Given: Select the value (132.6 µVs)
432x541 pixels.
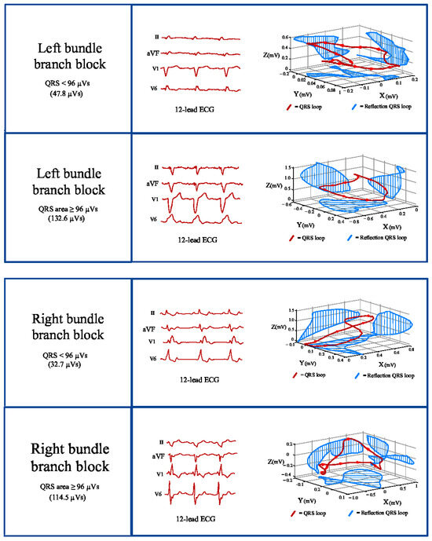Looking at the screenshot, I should coord(66,217).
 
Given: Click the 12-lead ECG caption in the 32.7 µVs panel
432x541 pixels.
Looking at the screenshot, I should coord(200,380).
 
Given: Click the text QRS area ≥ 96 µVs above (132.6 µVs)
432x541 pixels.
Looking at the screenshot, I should coord(66,207).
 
